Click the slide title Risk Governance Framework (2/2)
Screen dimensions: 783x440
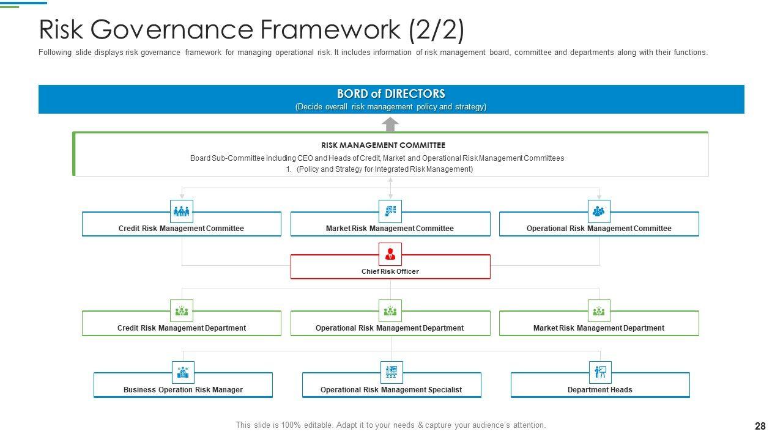click(x=251, y=29)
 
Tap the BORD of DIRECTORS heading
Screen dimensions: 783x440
click(x=391, y=94)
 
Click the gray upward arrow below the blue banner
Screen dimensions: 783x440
click(x=390, y=124)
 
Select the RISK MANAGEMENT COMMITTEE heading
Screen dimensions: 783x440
click(x=384, y=145)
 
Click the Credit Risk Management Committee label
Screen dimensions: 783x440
click(x=181, y=229)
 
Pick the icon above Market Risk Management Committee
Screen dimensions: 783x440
click(x=390, y=211)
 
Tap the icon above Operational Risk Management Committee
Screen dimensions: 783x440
click(x=599, y=211)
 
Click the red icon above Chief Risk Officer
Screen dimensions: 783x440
click(x=390, y=254)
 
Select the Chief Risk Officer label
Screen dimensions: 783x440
click(x=390, y=271)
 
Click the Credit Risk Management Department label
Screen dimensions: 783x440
click(x=182, y=328)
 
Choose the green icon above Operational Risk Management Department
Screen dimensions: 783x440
click(x=390, y=310)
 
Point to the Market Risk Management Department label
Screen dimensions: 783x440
click(x=599, y=328)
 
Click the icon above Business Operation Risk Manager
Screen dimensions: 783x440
click(x=183, y=372)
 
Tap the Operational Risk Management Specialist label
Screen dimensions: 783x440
click(x=391, y=390)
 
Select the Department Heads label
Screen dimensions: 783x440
click(x=600, y=390)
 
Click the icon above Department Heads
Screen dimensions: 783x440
click(x=600, y=372)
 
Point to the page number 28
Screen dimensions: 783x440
click(x=760, y=426)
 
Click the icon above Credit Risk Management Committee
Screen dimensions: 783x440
click(x=182, y=211)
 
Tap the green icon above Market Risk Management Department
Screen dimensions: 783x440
click(x=599, y=310)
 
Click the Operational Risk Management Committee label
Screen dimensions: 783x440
click(x=599, y=229)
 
